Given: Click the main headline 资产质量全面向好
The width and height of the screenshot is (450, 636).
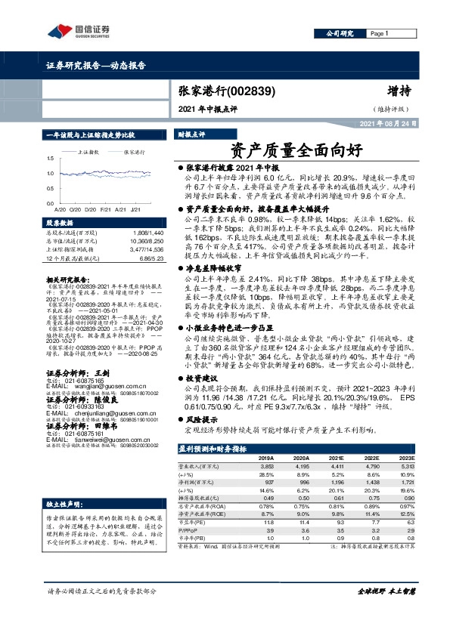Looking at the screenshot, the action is pyautogui.click(x=277, y=150).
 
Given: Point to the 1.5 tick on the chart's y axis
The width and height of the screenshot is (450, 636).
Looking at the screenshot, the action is pyautogui.click(x=50, y=159).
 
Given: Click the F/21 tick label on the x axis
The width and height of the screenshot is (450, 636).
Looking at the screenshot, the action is pyautogui.click(x=98, y=208).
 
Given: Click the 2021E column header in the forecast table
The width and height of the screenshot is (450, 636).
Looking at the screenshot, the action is pyautogui.click(x=331, y=458).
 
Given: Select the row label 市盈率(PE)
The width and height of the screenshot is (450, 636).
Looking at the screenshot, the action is pyautogui.click(x=195, y=521).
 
